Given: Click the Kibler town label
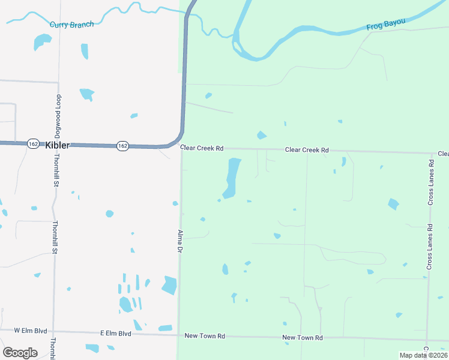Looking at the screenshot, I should (57, 145).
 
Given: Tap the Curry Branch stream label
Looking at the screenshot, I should (72, 24).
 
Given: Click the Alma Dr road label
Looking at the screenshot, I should (179, 241).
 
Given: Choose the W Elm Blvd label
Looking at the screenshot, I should (31, 331).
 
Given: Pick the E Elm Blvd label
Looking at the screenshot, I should (115, 333).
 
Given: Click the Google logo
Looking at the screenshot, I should (20, 353).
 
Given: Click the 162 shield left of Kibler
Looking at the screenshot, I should (34, 144).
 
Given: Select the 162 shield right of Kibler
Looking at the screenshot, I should (122, 146).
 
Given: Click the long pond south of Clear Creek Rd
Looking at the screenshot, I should (232, 178).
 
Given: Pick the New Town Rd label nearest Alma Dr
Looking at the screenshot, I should (205, 337).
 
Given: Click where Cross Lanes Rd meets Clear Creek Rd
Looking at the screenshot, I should (431, 154).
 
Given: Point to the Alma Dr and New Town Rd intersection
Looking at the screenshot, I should (178, 335).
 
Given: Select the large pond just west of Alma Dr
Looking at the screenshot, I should (169, 285).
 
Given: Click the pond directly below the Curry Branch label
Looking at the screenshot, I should (43, 41).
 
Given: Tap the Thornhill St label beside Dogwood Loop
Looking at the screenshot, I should (55, 169).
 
